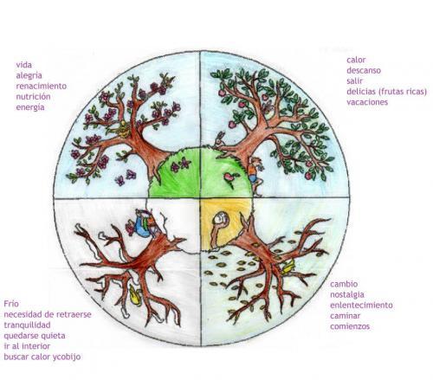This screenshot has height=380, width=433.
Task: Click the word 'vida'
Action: pos(24,65)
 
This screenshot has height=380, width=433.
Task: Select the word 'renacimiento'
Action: pos(42,86)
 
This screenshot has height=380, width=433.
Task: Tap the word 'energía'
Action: pos(30,107)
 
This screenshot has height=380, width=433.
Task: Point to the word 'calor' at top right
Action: pos(356,60)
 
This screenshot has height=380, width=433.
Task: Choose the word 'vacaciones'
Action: pos(367,102)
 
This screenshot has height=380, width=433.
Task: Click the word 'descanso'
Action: pos(364,70)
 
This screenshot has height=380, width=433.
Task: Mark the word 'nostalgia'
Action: pos(347,294)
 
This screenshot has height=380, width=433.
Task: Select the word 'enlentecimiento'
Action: pos(361,305)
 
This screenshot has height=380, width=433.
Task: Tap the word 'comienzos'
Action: pos(350,326)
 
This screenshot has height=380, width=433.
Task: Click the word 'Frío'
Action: pos(11,304)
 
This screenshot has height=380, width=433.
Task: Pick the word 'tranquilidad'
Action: pos(27,325)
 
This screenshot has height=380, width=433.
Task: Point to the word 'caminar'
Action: pos(346,316)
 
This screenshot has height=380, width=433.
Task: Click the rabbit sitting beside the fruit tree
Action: pos(220,139)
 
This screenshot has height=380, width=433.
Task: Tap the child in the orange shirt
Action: pos(255,175)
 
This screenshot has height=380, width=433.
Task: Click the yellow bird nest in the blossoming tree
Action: pos(124,129)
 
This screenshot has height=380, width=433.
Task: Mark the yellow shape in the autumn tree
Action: pos(288,267)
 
